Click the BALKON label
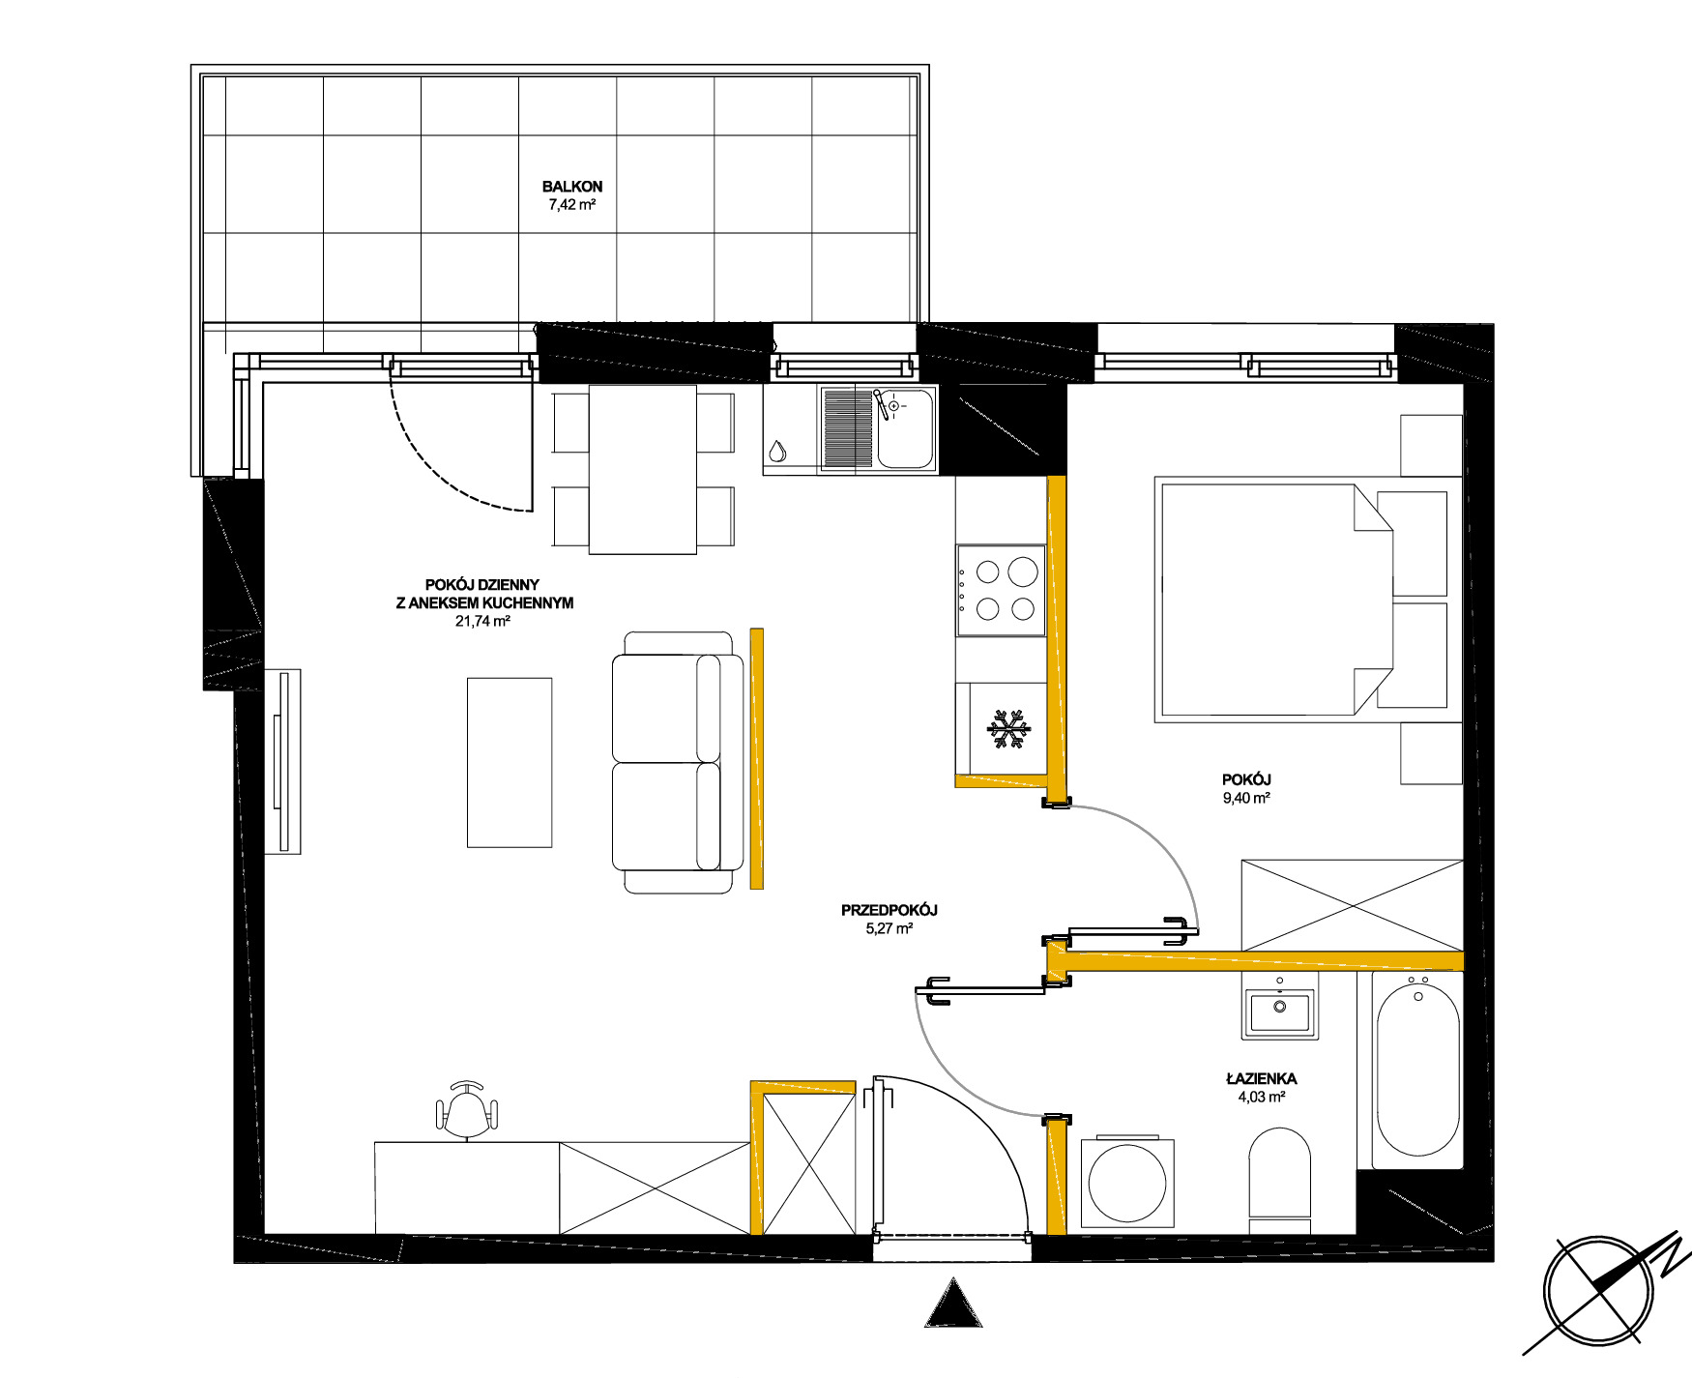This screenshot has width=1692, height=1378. [x=572, y=187]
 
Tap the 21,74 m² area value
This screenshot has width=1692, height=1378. [x=482, y=622]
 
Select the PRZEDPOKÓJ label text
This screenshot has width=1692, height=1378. [x=890, y=910]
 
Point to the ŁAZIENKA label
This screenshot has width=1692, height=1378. [x=1261, y=1078]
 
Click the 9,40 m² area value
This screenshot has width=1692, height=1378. [x=1246, y=798]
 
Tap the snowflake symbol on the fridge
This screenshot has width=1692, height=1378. [x=1009, y=730]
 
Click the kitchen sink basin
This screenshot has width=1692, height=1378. [x=905, y=430]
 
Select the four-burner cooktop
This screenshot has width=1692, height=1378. [x=1001, y=590]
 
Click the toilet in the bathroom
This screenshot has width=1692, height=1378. [x=1279, y=1180]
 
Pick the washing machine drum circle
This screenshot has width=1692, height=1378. [x=1127, y=1184]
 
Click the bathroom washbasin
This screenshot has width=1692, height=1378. [x=1280, y=1012]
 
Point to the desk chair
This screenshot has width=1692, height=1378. [x=468, y=1110]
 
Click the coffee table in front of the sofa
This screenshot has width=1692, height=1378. [x=510, y=762]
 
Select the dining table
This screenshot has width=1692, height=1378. [x=643, y=469]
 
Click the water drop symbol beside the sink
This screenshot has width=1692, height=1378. [x=777, y=451]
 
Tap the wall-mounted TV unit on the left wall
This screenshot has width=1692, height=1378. [x=283, y=761]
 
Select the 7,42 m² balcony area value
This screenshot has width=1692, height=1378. [x=572, y=205]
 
